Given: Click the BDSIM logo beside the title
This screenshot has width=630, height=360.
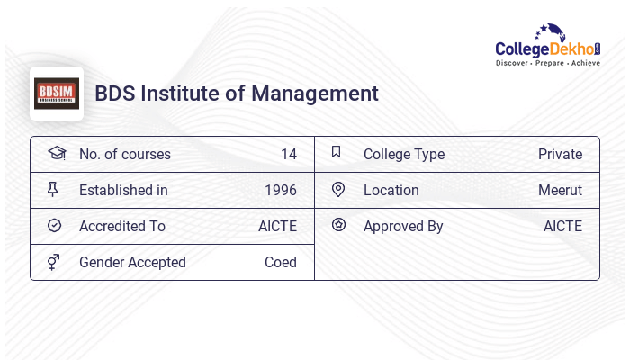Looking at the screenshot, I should click(x=57, y=94).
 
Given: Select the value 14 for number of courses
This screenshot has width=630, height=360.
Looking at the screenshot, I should click(x=288, y=154).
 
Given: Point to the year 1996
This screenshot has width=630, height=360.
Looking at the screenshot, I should click(x=281, y=190).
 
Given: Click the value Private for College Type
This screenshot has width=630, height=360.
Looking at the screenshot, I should click(x=560, y=154).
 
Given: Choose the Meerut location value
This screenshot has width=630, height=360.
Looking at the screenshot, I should click(x=560, y=190).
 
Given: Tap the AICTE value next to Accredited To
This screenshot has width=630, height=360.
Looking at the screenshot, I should click(x=277, y=226).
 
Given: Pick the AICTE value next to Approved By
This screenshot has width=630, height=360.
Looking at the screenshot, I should click(x=562, y=226).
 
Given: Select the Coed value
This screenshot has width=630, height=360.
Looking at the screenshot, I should click(x=281, y=262).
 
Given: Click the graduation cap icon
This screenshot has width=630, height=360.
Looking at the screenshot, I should click(x=56, y=153).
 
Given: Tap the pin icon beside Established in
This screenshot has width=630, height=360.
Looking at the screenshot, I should click(x=53, y=189).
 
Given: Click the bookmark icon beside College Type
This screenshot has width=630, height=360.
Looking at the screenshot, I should click(x=337, y=152).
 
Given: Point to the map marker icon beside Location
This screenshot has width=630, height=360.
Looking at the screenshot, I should click(x=338, y=189).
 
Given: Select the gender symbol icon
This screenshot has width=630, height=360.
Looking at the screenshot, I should click(x=54, y=262).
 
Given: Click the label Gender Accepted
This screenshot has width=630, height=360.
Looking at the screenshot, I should click(x=132, y=262).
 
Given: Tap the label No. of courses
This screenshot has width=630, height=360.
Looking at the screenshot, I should click(x=125, y=154).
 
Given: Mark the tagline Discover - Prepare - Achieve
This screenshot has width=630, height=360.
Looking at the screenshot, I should click(x=548, y=64).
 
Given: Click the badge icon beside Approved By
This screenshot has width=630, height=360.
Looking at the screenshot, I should click(x=338, y=225).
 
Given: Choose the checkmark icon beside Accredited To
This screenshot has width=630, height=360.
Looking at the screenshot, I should click(x=54, y=226).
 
